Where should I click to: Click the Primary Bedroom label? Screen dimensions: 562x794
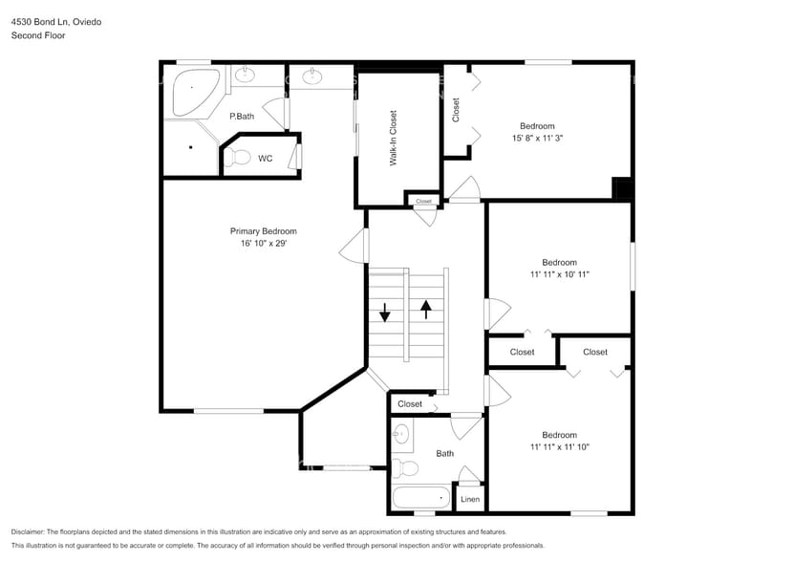263,231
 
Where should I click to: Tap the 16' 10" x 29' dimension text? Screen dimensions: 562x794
263,244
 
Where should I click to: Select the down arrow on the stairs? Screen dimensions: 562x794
385,312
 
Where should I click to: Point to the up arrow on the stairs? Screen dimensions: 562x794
426,310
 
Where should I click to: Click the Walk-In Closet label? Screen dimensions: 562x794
393,139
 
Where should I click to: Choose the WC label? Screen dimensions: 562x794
265,159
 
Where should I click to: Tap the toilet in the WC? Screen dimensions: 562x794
239,158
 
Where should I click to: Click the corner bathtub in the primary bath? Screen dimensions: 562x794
194,94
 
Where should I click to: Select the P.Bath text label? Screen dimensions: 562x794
242,117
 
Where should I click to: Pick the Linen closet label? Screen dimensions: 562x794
470,499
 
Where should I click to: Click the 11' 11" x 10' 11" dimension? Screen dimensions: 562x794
559,274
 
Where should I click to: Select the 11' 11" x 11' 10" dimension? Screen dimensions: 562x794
559,446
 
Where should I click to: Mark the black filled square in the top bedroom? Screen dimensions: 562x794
622,188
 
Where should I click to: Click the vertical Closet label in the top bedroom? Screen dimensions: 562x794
456,110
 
